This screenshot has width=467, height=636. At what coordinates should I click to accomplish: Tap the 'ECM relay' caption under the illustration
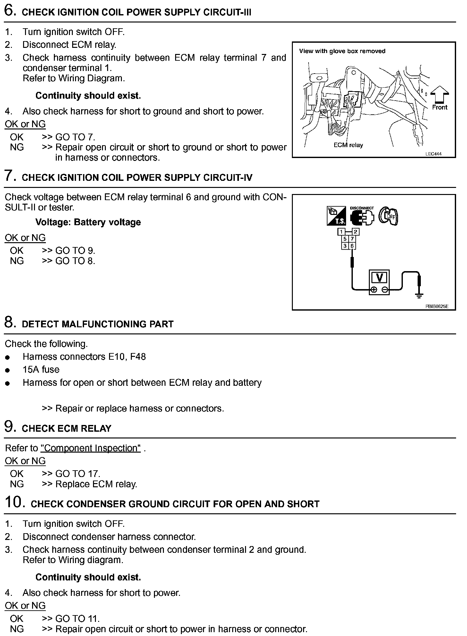click(348, 145)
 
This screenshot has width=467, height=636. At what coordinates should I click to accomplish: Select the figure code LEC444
click(433, 154)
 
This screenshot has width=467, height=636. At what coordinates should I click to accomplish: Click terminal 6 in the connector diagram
click(352, 246)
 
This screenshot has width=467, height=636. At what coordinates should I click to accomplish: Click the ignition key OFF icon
click(388, 216)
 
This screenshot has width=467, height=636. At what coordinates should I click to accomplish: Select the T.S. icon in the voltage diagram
click(336, 216)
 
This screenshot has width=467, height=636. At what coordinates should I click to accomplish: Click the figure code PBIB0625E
click(437, 306)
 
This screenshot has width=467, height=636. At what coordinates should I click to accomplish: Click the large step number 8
click(10, 322)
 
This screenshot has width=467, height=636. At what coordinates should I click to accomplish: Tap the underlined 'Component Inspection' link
click(90, 448)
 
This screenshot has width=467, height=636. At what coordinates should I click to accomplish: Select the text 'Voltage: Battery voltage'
click(88, 222)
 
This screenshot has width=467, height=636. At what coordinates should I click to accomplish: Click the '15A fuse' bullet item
click(41, 370)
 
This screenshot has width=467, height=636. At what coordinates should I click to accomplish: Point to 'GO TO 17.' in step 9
click(78, 474)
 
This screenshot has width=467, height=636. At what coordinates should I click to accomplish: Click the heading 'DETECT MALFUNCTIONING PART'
click(98, 324)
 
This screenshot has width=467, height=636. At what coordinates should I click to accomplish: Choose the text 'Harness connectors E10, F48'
click(84, 357)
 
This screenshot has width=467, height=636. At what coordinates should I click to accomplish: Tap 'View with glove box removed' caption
click(342, 51)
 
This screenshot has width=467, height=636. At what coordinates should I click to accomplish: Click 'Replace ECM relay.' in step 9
click(96, 484)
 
